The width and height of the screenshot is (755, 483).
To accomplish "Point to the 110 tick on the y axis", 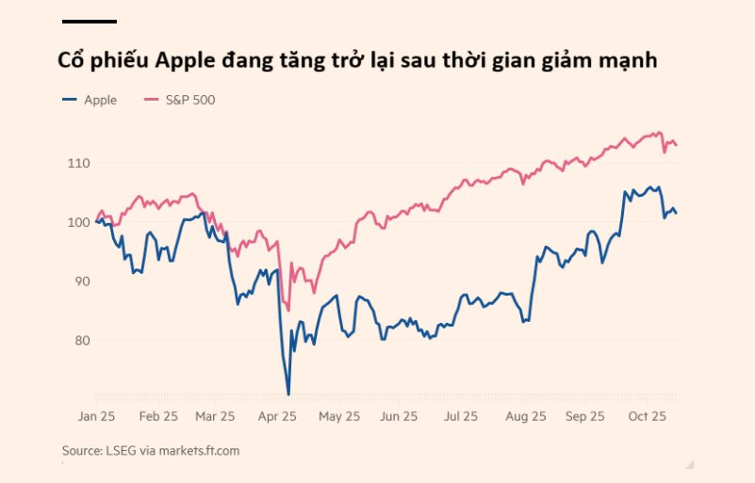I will [x=77, y=164].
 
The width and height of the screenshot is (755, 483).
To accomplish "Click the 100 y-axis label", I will [x=77, y=222].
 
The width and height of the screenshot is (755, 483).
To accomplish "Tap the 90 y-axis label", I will [x=80, y=282].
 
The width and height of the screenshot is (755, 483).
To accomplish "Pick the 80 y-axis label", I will [x=80, y=340].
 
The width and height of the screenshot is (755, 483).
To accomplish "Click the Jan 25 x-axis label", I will [x=96, y=416].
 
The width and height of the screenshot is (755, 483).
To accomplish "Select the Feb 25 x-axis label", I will [x=157, y=416].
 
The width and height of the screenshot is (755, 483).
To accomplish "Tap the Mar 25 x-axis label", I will [x=217, y=416].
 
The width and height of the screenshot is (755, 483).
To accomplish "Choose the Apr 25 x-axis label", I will [x=278, y=416].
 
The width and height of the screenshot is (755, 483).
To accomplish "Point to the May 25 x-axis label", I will [x=339, y=416].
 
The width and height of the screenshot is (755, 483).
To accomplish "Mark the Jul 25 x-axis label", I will [x=461, y=416].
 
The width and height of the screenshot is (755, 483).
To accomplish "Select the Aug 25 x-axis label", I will [x=525, y=416].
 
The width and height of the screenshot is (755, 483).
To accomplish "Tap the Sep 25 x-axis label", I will [x=584, y=416].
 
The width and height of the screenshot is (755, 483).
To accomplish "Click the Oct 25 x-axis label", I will [x=648, y=416].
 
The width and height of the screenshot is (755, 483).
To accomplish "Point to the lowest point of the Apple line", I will [x=288, y=394].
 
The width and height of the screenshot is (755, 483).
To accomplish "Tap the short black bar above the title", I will [x=90, y=21].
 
